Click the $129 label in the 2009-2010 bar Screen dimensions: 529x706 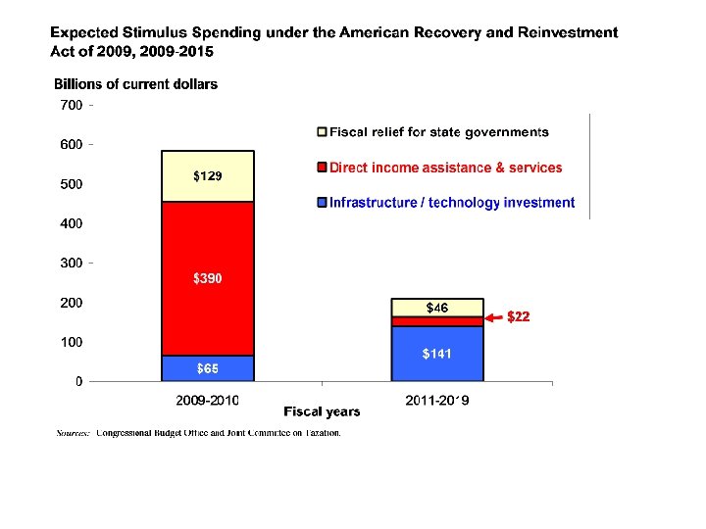click(x=207, y=176)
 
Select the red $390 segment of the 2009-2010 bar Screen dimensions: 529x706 click(x=207, y=279)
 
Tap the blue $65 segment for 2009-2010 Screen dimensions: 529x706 click(x=207, y=368)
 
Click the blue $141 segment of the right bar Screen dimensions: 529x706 click(x=437, y=354)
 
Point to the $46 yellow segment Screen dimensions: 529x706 click(x=437, y=308)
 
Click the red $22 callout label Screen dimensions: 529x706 click(x=518, y=316)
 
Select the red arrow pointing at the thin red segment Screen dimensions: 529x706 click(x=495, y=316)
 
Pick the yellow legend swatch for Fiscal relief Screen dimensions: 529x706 click(x=322, y=132)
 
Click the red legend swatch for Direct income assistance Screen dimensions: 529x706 click(x=322, y=168)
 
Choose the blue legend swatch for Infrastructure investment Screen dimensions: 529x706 click(x=322, y=203)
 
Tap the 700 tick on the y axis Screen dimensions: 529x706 click(x=72, y=104)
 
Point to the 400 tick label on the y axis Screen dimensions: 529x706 click(x=72, y=223)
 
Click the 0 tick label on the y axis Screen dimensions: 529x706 click(x=78, y=381)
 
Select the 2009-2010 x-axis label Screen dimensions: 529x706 click(x=207, y=400)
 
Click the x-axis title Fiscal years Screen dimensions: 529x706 click(x=322, y=411)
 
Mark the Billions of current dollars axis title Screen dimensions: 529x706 click(x=135, y=84)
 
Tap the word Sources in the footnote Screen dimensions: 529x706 click(x=74, y=432)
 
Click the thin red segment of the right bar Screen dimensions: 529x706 click(x=437, y=321)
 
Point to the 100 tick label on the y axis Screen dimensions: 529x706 click(x=72, y=342)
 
